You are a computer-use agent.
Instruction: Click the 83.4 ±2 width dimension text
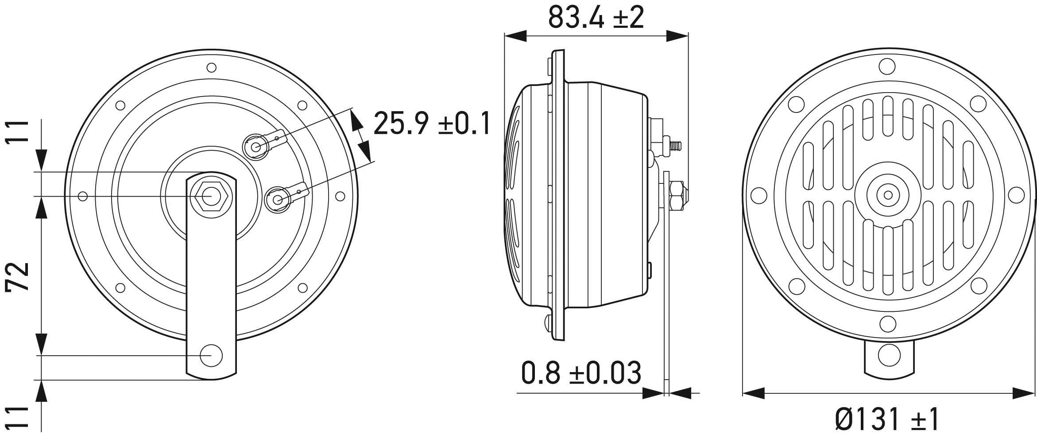596,18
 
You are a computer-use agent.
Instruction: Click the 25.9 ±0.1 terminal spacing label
432,124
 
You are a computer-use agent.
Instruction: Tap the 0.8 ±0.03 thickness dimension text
580,373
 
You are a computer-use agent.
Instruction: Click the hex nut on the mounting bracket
211,196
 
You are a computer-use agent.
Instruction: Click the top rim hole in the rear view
211,68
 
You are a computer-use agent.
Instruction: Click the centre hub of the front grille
888,195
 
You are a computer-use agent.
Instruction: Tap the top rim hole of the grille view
887,66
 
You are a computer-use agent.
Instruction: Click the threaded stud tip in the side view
677,145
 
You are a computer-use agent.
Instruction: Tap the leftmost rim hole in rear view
82,196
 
